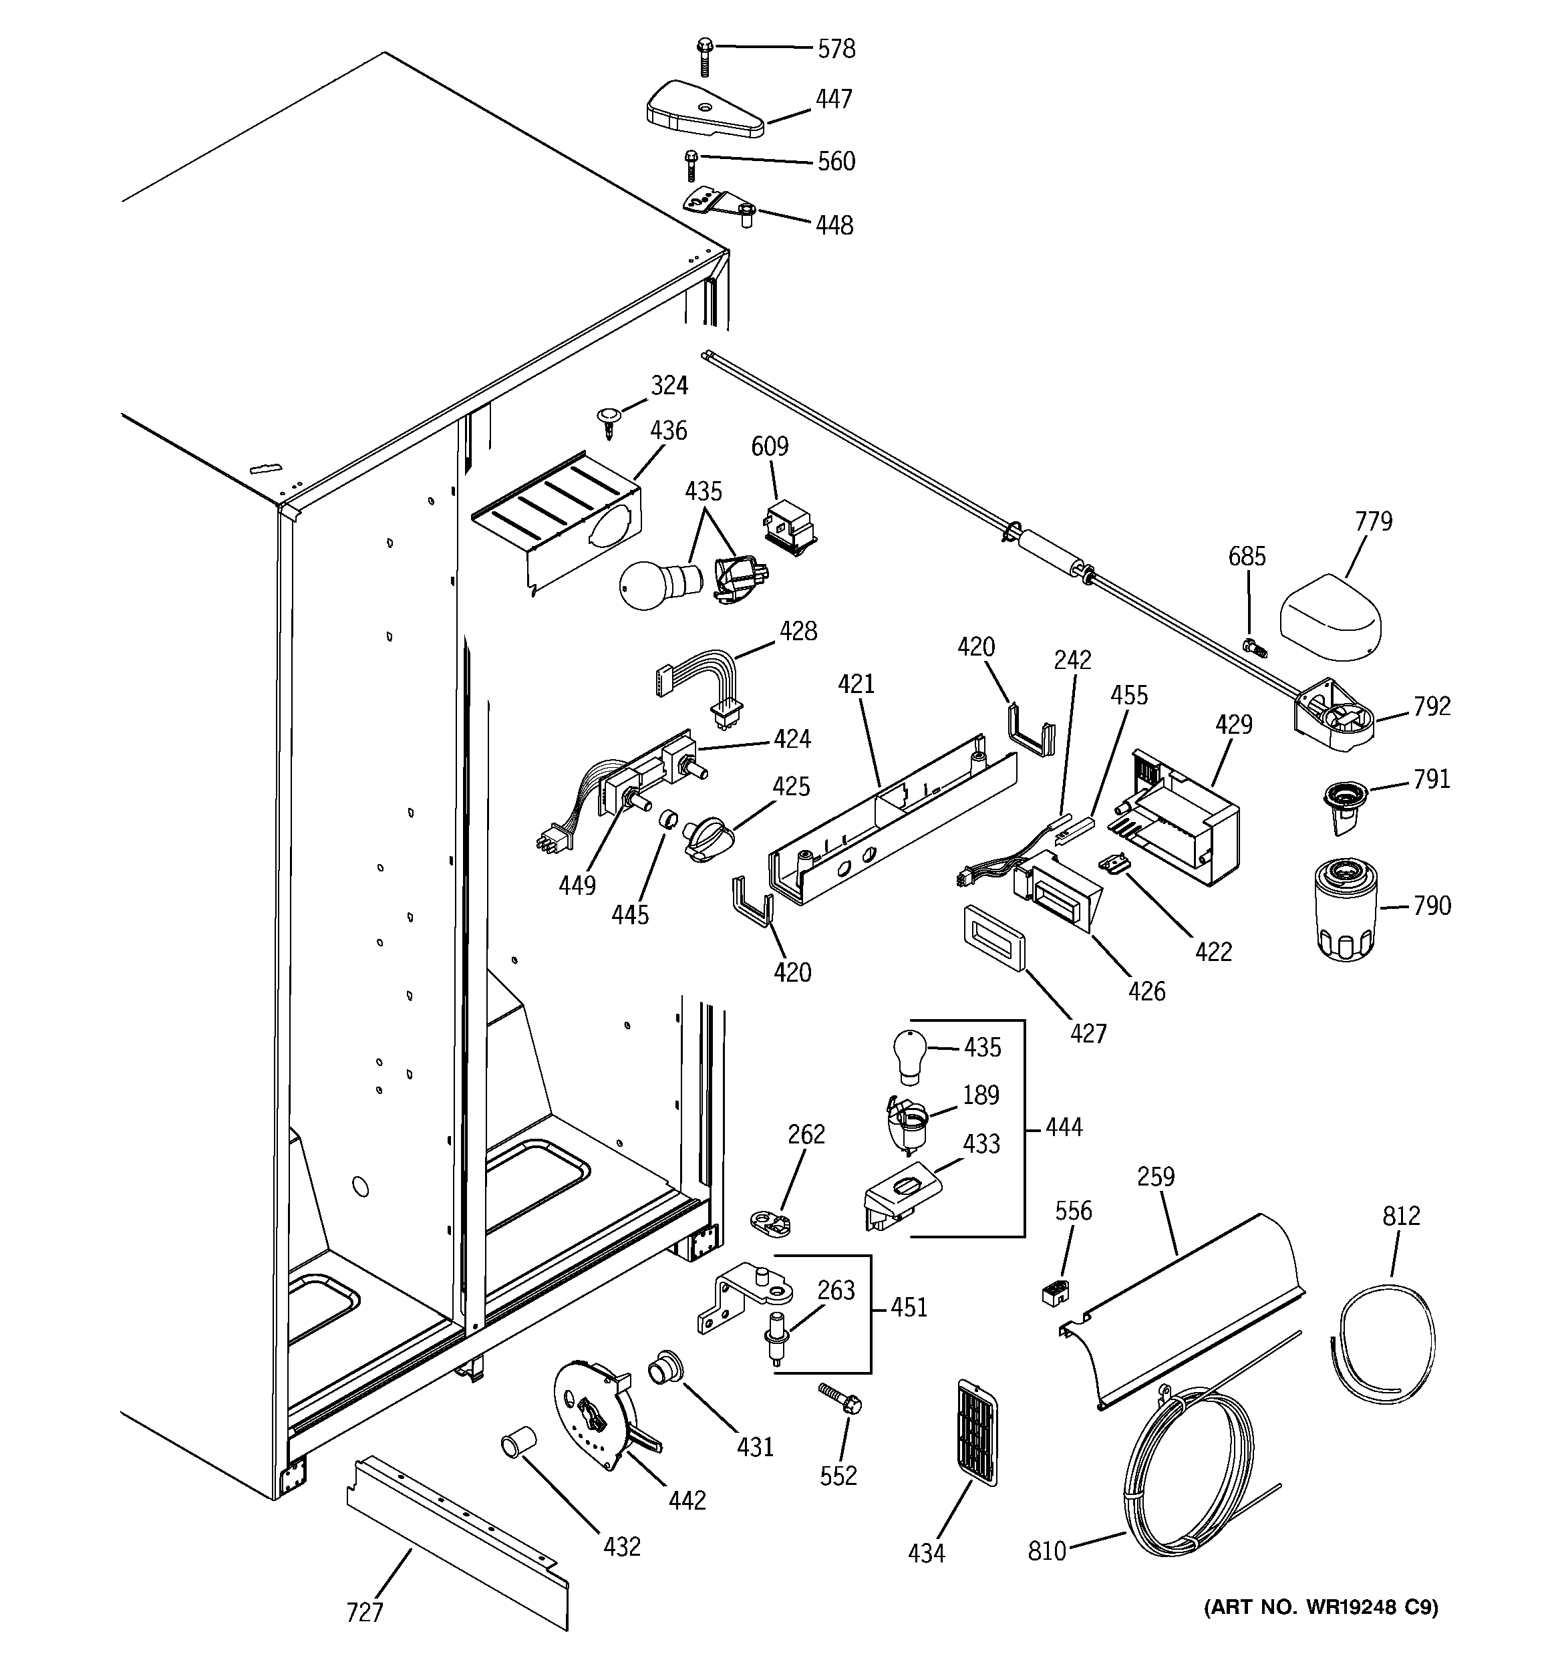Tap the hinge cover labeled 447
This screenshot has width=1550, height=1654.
704,110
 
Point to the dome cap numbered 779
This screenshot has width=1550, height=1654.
1330,617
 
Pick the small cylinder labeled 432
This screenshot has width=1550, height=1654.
518,1443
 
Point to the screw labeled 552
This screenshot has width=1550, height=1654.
841,1399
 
